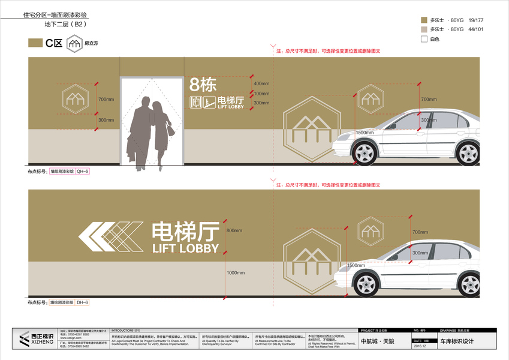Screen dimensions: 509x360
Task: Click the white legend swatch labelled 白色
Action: (424, 39)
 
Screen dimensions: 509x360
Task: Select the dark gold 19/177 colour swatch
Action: (424, 20)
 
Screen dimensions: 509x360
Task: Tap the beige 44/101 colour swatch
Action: (424, 29)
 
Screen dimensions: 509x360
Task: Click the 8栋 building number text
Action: (203, 85)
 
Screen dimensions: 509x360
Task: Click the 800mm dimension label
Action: (234, 230)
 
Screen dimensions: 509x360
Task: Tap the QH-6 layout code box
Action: (82, 172)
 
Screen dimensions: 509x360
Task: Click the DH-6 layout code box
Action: (82, 303)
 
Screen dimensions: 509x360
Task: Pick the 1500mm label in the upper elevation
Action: (364, 132)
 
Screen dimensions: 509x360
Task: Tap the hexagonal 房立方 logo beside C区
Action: (74, 43)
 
